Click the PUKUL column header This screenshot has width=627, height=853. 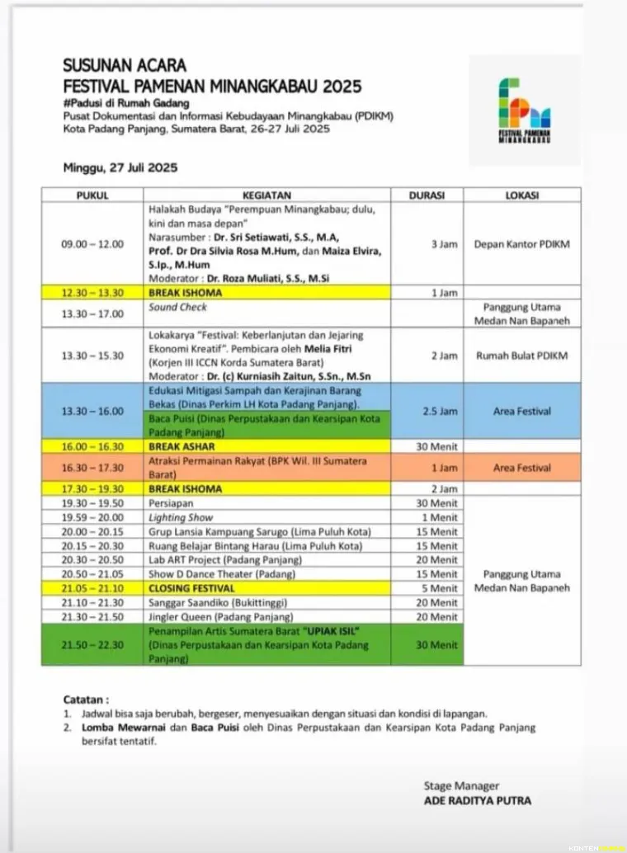click(92, 196)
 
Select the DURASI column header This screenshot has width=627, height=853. click(427, 196)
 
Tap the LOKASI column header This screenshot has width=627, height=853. click(521, 196)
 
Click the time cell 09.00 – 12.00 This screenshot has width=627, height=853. click(92, 244)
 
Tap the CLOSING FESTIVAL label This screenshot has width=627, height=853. click(191, 588)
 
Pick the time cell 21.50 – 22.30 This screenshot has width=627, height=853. click(92, 644)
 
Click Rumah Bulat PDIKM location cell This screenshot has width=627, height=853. click(521, 356)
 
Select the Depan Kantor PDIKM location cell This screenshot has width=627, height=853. click(521, 244)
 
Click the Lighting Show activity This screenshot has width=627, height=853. click(180, 517)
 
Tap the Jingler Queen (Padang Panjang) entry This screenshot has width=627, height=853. click(220, 617)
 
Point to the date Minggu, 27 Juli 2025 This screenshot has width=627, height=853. click(120, 167)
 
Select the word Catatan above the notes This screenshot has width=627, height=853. click(86, 699)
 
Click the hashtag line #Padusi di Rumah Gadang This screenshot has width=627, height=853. click(126, 103)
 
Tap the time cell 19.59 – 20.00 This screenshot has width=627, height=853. click(92, 517)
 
